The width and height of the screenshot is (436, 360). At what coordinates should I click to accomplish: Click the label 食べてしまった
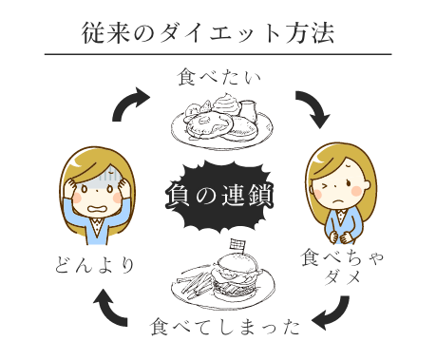(225, 329)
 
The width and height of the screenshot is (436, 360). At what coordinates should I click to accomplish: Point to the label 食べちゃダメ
(343, 269)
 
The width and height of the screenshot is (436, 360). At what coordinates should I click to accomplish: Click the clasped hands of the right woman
(342, 228)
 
